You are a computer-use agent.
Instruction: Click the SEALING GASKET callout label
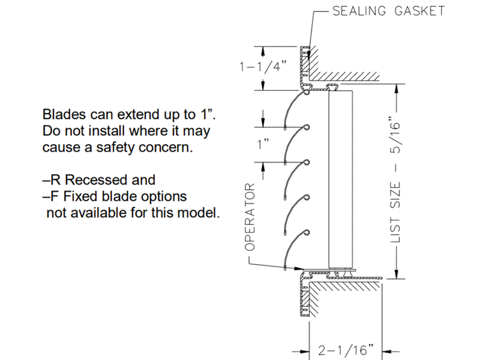pos(389,11)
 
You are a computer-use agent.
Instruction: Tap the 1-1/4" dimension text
pos(262,67)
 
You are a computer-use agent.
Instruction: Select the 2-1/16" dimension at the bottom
pos(347,349)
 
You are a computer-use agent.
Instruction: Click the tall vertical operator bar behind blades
pos(339,180)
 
